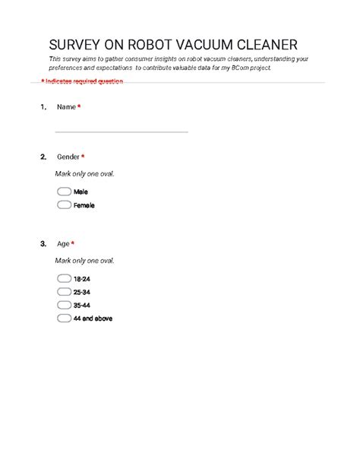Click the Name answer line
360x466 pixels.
(122, 132)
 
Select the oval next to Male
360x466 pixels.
(64, 192)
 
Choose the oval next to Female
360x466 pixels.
(64, 204)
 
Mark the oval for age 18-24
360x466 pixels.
(64, 279)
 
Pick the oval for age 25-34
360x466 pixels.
(64, 292)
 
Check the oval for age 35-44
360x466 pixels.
(64, 305)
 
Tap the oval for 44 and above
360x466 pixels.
(64, 318)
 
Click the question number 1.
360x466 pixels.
(43, 107)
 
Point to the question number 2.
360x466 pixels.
(43, 157)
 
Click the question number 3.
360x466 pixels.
(43, 244)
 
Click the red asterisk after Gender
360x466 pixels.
(83, 157)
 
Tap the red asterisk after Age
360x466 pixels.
(72, 244)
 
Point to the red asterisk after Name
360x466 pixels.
(79, 107)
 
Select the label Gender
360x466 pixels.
(68, 157)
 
